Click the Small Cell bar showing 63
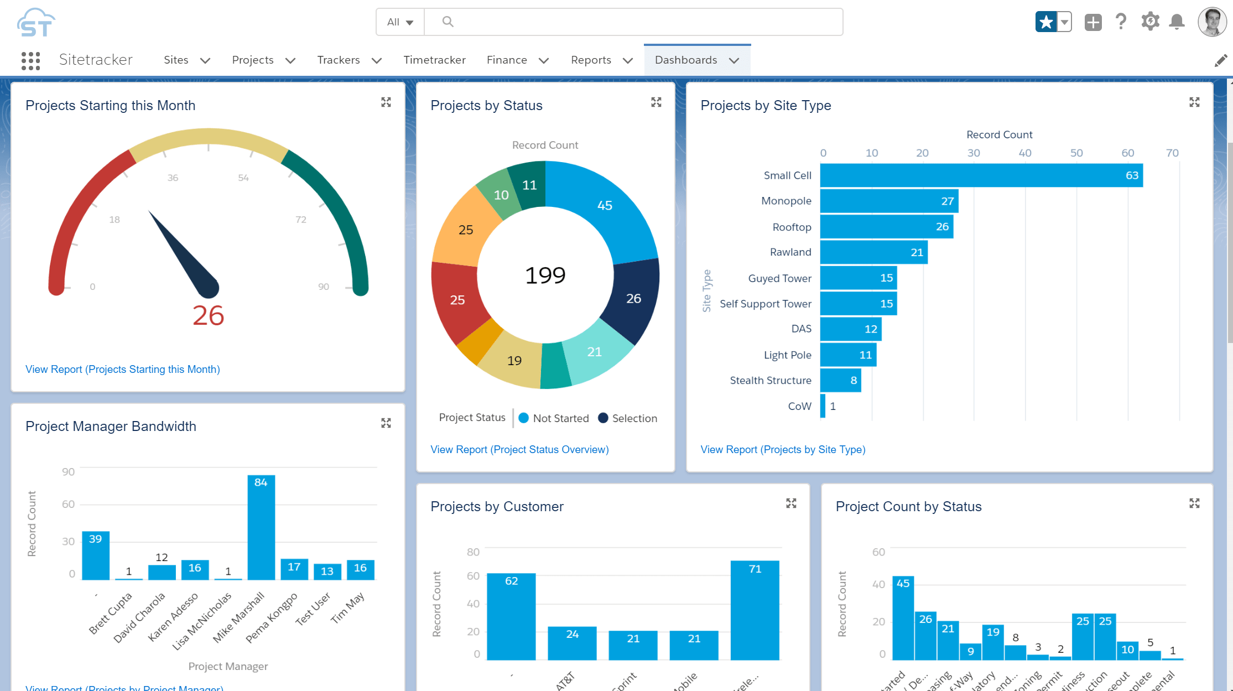981,175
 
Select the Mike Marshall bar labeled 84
261,528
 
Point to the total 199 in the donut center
545,275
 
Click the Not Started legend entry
554,418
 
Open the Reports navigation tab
591,60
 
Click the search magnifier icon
448,22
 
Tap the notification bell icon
1177,22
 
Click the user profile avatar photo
1211,22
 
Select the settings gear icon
1150,22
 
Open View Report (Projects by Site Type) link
783,449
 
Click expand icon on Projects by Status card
656,102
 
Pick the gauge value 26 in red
208,315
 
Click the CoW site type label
799,406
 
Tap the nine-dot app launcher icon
31,60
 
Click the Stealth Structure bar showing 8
840,380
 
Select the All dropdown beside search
400,22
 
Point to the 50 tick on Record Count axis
1076,153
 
